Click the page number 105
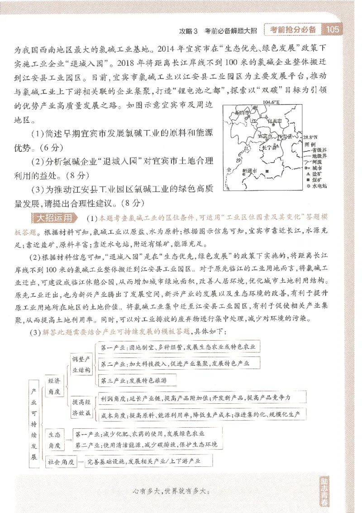(x=333, y=30)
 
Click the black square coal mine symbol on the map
(x=267, y=171)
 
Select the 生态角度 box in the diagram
(x=56, y=439)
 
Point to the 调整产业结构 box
(x=82, y=364)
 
